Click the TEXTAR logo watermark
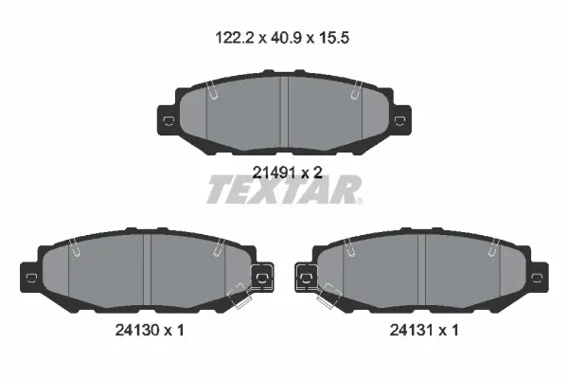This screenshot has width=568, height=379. [x=284, y=189]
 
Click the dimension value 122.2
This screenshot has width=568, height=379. [x=234, y=38]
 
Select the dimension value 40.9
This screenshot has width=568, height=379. [x=286, y=38]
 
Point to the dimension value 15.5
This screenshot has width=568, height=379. [x=334, y=38]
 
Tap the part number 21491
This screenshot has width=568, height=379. [x=274, y=172]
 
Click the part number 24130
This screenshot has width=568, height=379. [x=137, y=330]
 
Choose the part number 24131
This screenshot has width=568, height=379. [x=412, y=330]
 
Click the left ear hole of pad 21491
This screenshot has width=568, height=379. [x=169, y=120]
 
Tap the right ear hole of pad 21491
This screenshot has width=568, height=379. [x=399, y=120]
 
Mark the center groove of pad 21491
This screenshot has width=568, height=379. [x=284, y=112]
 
